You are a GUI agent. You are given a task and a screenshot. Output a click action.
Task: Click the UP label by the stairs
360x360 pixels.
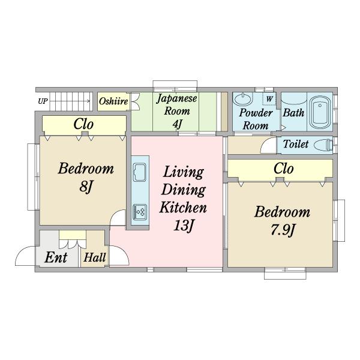(x=43, y=101)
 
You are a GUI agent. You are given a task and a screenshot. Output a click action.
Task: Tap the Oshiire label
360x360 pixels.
(x=113, y=101)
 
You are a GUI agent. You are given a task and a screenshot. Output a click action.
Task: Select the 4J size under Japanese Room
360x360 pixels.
(x=177, y=124)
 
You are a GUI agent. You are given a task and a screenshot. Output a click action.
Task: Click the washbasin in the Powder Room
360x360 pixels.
(x=242, y=99)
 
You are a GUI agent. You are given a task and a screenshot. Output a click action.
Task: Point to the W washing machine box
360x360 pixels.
(x=269, y=99)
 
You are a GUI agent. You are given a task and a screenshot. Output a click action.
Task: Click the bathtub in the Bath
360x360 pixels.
(x=320, y=112)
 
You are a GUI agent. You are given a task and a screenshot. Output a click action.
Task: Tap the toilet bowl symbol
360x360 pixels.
(x=323, y=145)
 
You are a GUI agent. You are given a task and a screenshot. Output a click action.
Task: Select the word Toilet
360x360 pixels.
(x=296, y=144)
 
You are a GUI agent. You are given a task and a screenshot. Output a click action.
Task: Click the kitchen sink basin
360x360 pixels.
(x=140, y=172)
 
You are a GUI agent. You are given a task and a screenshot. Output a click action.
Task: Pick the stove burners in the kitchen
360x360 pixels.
(x=140, y=212)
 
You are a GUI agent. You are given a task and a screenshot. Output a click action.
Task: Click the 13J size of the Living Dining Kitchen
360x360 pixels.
(x=184, y=225)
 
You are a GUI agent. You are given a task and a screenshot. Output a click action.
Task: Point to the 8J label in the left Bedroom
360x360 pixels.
(x=86, y=186)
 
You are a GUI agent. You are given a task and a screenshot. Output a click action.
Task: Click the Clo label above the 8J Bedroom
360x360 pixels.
(x=83, y=124)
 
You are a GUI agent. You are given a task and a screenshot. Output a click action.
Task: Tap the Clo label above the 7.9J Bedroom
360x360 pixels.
(x=284, y=169)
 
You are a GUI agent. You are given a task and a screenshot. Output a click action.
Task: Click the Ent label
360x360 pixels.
(x=56, y=257)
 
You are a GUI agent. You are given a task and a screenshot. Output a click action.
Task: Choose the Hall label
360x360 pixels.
(x=95, y=257)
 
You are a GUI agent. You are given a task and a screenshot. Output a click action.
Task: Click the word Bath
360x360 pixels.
(x=293, y=113)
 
